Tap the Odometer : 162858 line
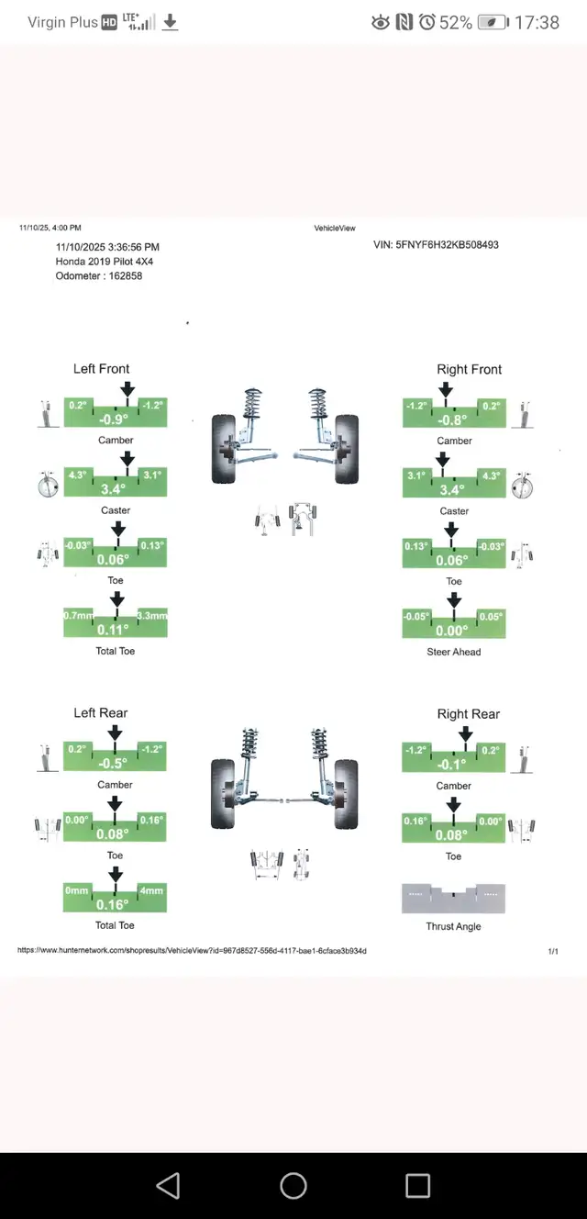point(99,276)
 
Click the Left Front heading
point(101,369)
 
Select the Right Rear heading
point(469,714)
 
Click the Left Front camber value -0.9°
point(116,419)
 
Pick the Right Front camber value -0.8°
point(454,420)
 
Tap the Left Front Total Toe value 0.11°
point(116,630)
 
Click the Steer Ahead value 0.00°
point(454,631)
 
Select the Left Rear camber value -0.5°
point(116,764)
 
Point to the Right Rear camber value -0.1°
point(454,765)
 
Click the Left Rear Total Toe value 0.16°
point(116,904)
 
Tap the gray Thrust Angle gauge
point(453,899)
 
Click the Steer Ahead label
point(454,652)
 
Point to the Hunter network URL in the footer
point(192,951)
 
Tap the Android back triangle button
point(168,1186)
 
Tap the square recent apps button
point(417,1186)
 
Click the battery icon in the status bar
point(493,22)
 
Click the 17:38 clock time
point(537,22)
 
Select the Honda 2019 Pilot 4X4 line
point(105,262)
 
